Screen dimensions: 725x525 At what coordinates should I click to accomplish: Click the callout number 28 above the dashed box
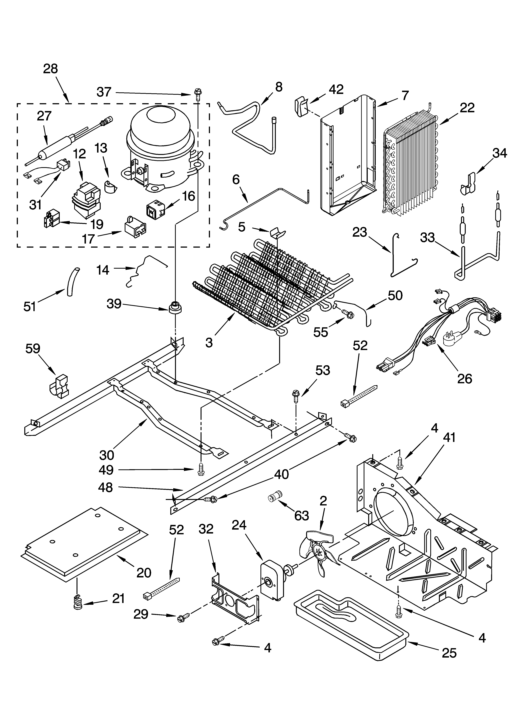(x=50, y=69)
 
